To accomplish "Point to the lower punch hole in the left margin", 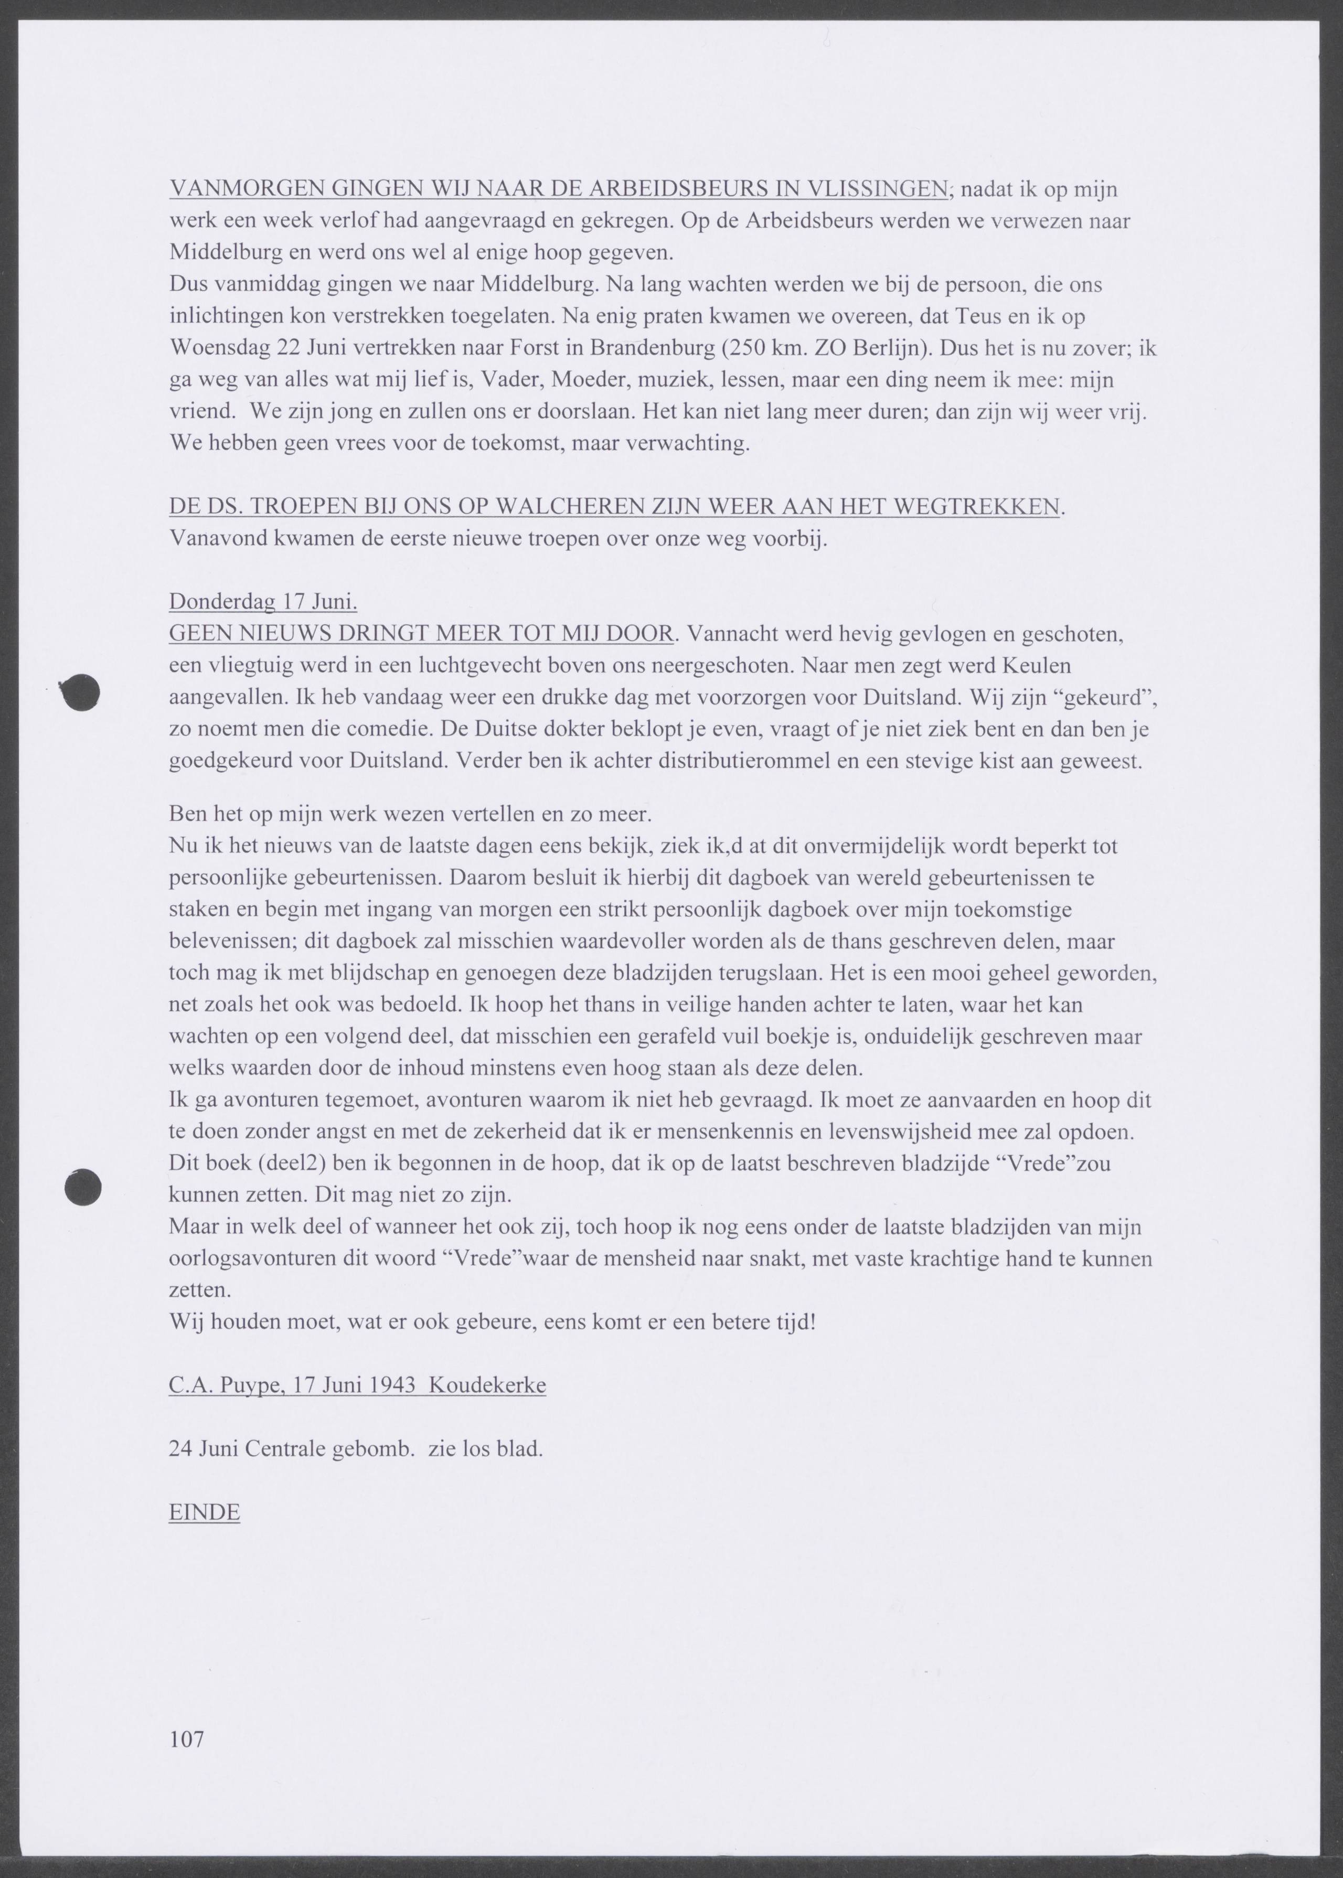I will pos(83,1188).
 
